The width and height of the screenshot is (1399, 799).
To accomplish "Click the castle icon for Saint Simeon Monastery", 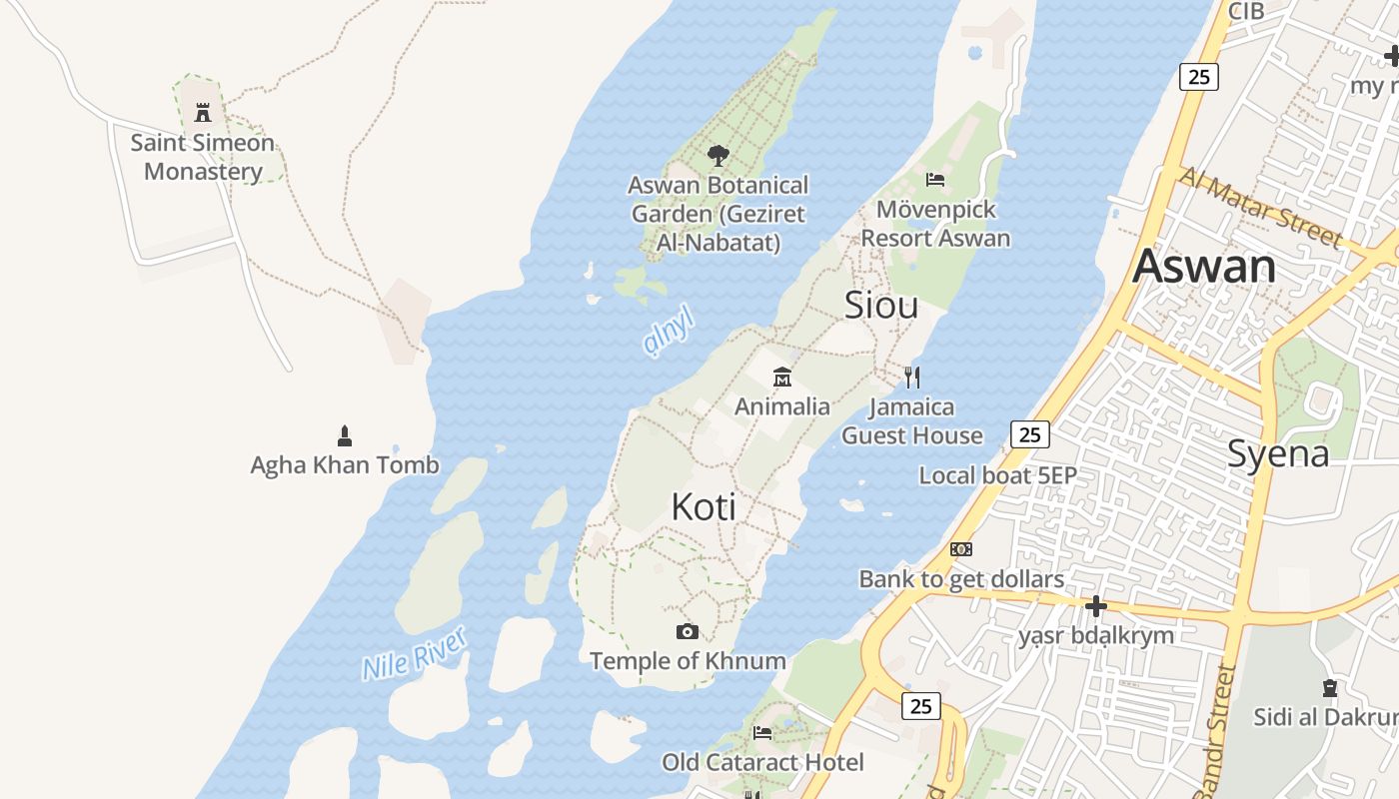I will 203,111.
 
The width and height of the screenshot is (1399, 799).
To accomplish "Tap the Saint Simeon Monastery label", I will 203,157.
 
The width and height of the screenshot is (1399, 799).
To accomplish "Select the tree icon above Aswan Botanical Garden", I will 717,155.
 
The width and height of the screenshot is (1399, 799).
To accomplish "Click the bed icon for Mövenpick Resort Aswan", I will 935,180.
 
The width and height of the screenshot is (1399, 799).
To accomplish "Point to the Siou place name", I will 881,305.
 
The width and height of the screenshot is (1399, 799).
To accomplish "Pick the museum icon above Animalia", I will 782,377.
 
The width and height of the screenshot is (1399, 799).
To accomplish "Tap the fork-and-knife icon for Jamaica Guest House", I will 911,377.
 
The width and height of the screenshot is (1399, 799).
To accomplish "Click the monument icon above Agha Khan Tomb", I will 345,435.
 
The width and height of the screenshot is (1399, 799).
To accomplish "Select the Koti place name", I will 703,506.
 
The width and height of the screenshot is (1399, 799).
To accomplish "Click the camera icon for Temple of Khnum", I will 687,631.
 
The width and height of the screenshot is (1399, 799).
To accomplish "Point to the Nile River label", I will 414,654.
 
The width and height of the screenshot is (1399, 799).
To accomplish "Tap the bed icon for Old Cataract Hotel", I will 762,733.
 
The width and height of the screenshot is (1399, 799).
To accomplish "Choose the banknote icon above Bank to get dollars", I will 961,549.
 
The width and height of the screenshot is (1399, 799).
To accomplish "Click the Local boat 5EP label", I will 997,475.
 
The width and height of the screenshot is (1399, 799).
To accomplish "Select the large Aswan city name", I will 1204,267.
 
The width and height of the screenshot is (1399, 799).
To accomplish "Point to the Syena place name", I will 1278,454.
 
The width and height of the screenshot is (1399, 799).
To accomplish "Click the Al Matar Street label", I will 1261,207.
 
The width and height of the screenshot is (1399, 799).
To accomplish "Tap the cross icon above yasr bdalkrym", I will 1096,605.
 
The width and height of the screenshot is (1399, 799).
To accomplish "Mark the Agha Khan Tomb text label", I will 345,464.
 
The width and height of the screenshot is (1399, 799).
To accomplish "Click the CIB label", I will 1246,11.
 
